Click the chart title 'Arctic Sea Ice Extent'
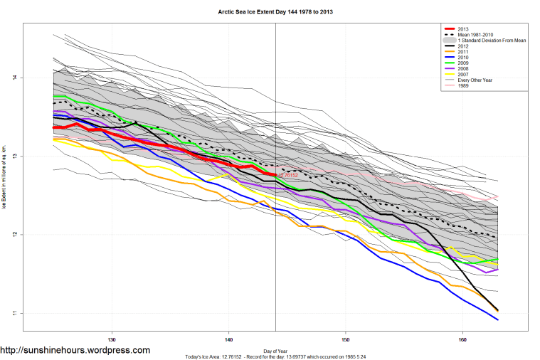click(270, 12)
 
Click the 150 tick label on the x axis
click(346, 339)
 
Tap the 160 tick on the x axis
click(463, 339)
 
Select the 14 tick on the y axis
click(14, 78)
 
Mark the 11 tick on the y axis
click(14, 313)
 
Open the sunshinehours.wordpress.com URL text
click(75, 351)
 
